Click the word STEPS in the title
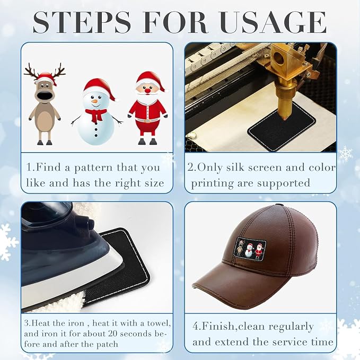(x=82, y=22)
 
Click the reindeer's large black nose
(x=43, y=94)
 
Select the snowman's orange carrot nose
(x=94, y=101)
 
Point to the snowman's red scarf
(x=96, y=115)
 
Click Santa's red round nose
(x=147, y=91)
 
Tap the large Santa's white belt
(x=147, y=120)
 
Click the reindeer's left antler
(x=31, y=72)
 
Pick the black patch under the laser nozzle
(x=282, y=127)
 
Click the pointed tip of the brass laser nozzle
(x=285, y=119)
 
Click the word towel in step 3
(x=159, y=323)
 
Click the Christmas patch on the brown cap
(x=250, y=249)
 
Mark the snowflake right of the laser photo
(x=346, y=153)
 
